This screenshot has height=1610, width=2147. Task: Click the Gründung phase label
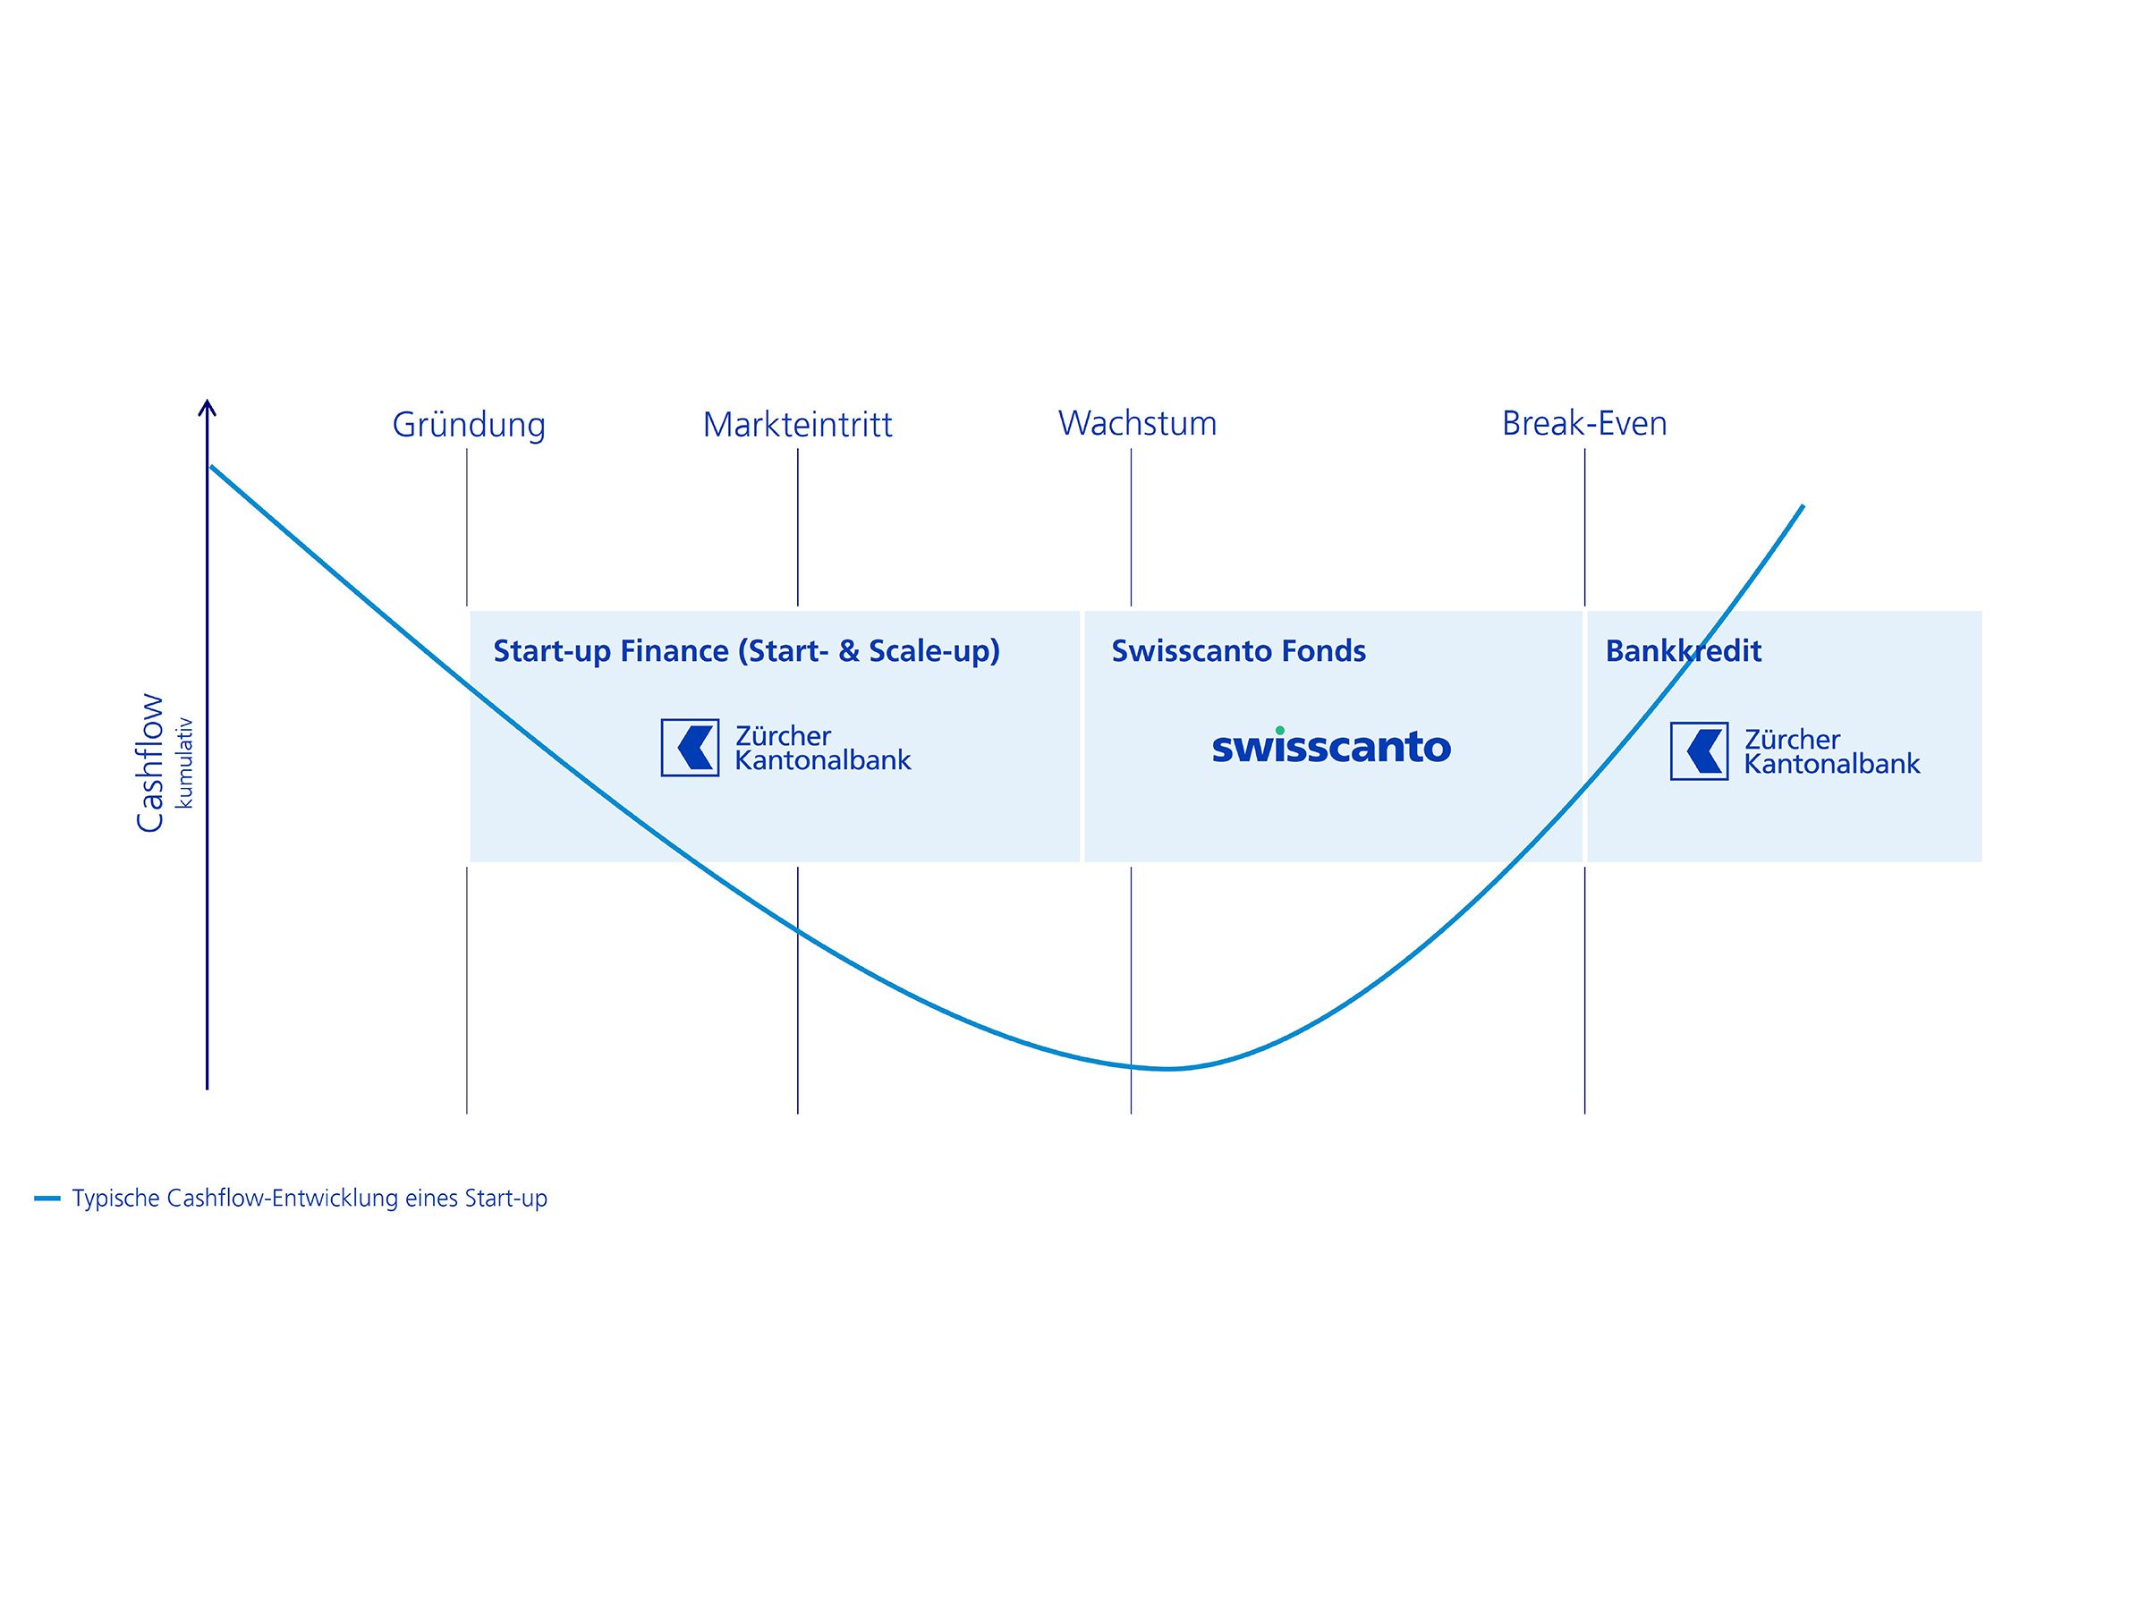click(469, 425)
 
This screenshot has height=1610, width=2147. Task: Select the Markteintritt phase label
click(797, 425)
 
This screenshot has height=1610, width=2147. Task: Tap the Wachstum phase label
click(1137, 423)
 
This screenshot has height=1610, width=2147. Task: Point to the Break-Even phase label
click(1584, 423)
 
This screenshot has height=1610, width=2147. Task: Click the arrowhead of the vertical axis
click(207, 407)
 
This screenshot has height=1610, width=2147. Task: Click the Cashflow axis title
click(149, 762)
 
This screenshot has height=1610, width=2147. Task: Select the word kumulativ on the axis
click(183, 763)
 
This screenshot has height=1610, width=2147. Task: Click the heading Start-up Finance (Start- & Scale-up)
click(746, 650)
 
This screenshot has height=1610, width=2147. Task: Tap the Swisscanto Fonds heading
click(1237, 650)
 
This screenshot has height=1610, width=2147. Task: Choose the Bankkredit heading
click(1683, 650)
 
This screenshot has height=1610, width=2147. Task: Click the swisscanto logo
click(1331, 746)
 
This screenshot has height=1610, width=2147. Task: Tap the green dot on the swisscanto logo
click(1279, 730)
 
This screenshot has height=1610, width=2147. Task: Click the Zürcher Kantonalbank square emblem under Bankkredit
click(1699, 751)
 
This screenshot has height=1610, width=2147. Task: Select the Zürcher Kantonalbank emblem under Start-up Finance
click(690, 747)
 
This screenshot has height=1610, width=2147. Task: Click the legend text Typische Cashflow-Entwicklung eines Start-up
click(310, 1199)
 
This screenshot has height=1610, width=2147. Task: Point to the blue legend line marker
click(47, 1199)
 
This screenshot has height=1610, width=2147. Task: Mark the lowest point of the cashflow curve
click(1168, 1069)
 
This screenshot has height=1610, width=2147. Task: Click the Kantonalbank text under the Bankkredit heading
click(1831, 765)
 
